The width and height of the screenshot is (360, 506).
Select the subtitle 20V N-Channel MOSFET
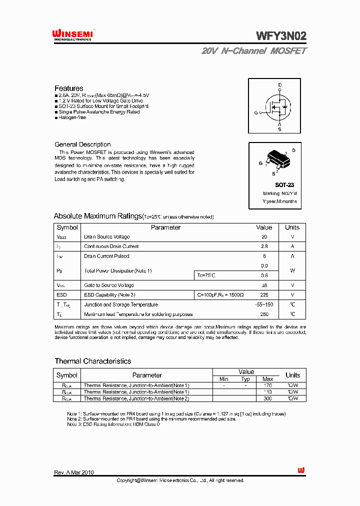254,51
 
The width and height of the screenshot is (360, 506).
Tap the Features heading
69,88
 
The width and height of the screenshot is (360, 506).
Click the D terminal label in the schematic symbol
280,84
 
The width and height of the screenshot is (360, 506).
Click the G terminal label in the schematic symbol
255,112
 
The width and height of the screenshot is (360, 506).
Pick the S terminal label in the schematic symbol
279,129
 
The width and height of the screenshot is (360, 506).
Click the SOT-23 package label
284,185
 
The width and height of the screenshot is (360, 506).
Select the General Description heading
82,144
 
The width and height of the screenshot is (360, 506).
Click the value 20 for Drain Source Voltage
264,237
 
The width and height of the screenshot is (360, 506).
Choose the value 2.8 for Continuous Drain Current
264,246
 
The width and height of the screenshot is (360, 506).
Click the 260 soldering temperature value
264,314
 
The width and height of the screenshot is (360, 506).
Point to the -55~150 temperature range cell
264,304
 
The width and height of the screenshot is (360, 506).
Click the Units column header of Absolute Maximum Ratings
292,227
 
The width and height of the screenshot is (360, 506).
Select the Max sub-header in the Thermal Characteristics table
267,379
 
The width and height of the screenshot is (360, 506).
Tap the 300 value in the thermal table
267,398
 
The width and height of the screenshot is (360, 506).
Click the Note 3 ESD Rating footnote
113,424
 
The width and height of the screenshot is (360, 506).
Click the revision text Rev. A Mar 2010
74,472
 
